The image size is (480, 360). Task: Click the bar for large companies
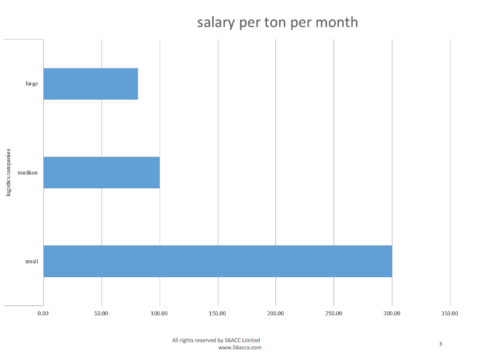[x=91, y=83]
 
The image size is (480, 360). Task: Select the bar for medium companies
[x=101, y=172]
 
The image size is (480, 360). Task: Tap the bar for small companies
[x=218, y=261]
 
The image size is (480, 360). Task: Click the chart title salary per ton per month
[x=277, y=22]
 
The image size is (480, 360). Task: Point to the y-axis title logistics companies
[x=8, y=172]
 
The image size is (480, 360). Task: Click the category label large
[x=32, y=83]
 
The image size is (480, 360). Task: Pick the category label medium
[x=28, y=172]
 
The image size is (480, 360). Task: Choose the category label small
[x=31, y=261]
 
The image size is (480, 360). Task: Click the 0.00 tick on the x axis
[x=43, y=313]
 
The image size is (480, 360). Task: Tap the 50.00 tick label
[x=101, y=313]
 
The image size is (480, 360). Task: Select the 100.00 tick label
[x=160, y=313]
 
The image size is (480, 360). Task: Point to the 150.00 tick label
[x=218, y=313]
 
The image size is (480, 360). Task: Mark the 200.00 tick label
[x=276, y=313]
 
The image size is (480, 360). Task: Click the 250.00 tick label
[x=334, y=313]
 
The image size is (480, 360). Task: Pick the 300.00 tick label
[x=392, y=313]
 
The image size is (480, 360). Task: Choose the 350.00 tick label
[x=450, y=313]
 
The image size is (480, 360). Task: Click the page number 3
[x=440, y=344]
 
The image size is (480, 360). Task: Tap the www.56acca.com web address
[x=239, y=347]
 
